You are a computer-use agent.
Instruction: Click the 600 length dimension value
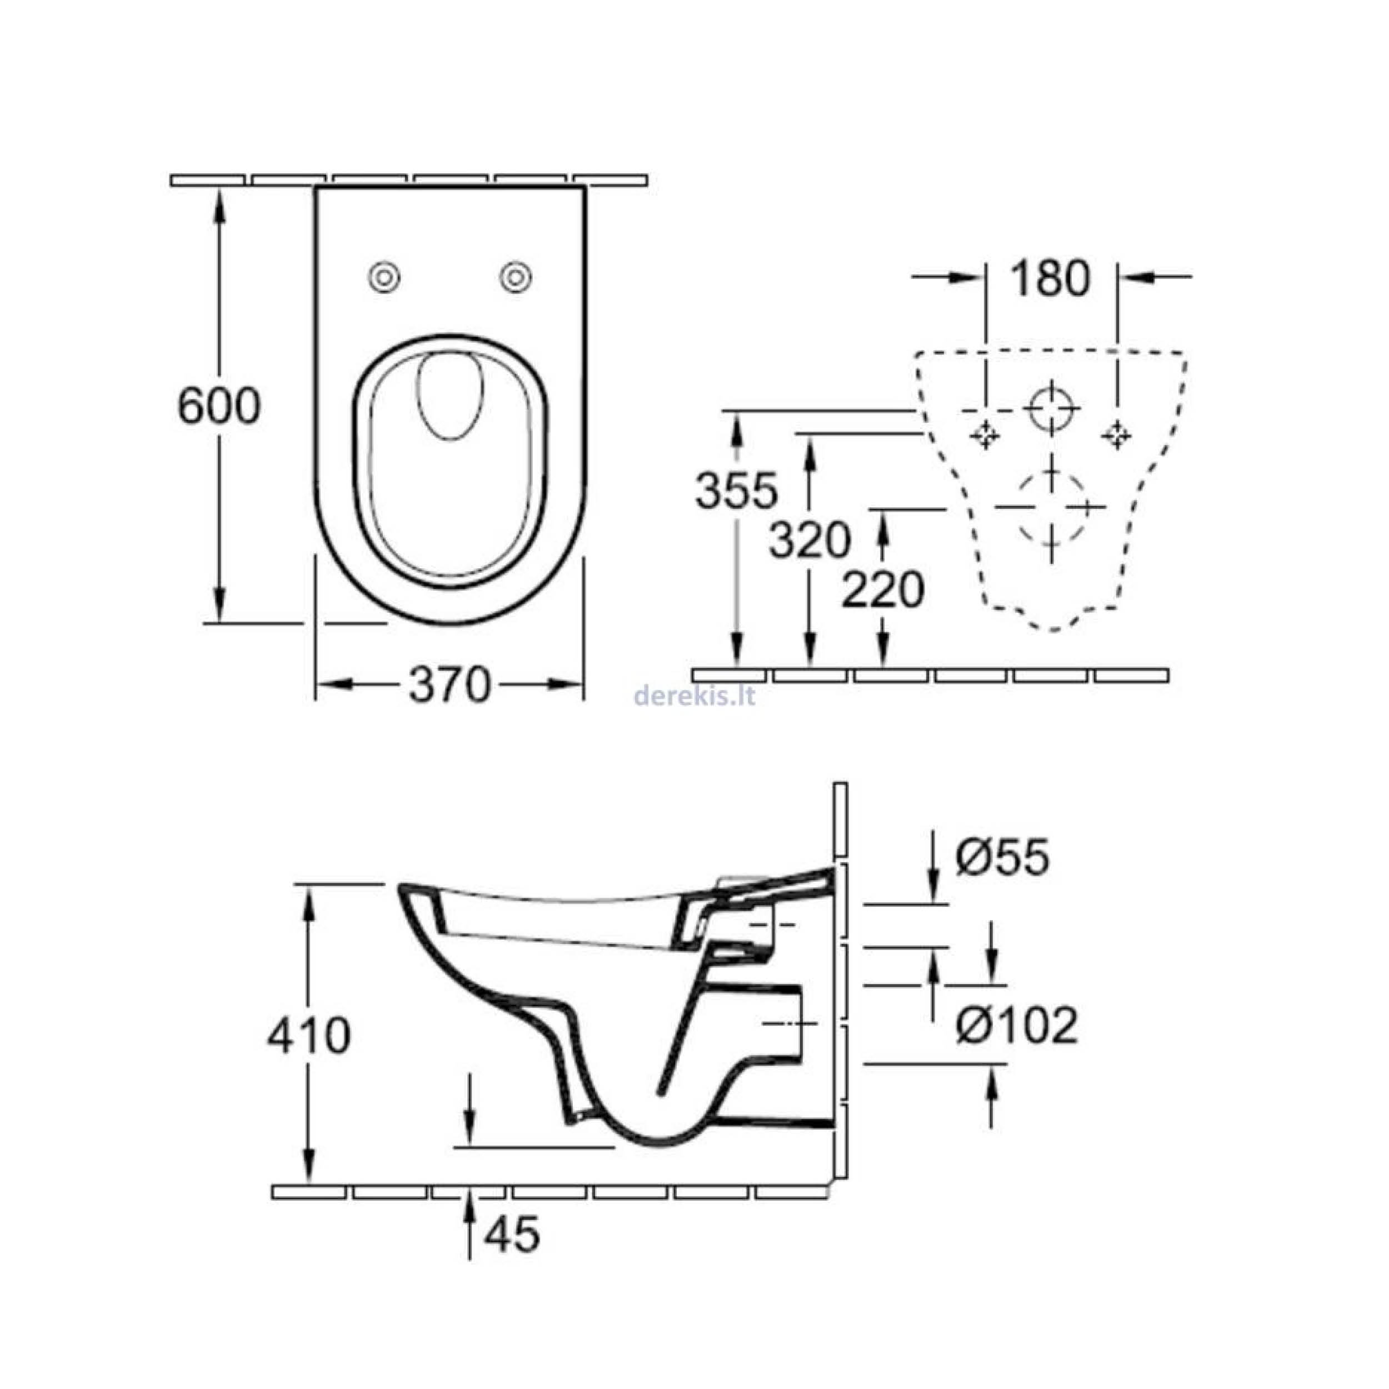[218, 406]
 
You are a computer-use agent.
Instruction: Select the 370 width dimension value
[449, 684]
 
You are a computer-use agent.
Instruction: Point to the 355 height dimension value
[736, 491]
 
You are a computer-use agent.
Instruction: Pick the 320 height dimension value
[810, 540]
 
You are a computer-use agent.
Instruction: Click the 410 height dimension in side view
[309, 1036]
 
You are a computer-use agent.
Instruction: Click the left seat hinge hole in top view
[384, 276]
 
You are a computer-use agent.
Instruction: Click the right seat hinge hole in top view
[516, 276]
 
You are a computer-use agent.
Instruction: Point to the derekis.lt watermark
[694, 695]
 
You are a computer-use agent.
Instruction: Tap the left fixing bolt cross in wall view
[984, 435]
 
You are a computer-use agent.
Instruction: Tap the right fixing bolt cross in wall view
[1117, 435]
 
